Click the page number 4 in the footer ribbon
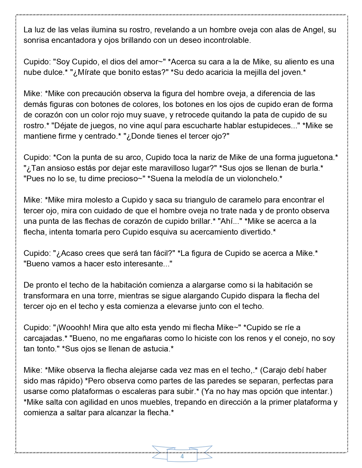click(182, 457)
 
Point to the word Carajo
click(275, 370)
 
